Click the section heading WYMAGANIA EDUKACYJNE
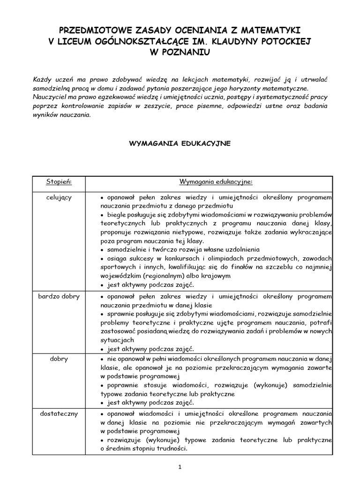pos(180,143)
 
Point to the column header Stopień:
pos(59,181)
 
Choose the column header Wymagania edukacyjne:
pos(216,181)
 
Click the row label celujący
pos(59,197)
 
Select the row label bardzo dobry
pos(59,297)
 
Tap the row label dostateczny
pos(59,413)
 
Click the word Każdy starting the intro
pos(43,78)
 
